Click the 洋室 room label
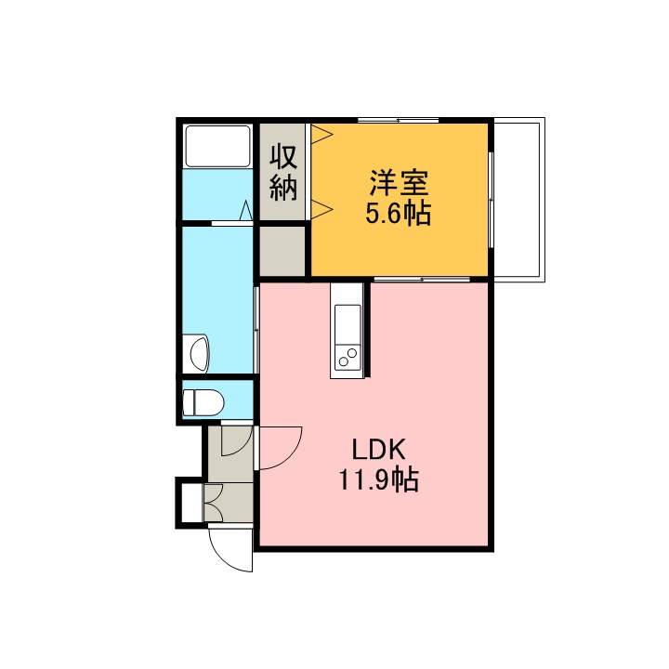(399, 182)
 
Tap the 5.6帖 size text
(398, 213)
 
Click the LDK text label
(378, 449)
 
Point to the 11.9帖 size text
(378, 479)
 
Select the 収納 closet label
(283, 173)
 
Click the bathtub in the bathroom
(217, 147)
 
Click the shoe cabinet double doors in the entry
(214, 502)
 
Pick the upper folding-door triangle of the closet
(321, 134)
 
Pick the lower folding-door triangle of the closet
(321, 209)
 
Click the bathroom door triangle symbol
(245, 210)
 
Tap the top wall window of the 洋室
(398, 120)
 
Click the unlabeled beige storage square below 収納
(282, 251)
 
